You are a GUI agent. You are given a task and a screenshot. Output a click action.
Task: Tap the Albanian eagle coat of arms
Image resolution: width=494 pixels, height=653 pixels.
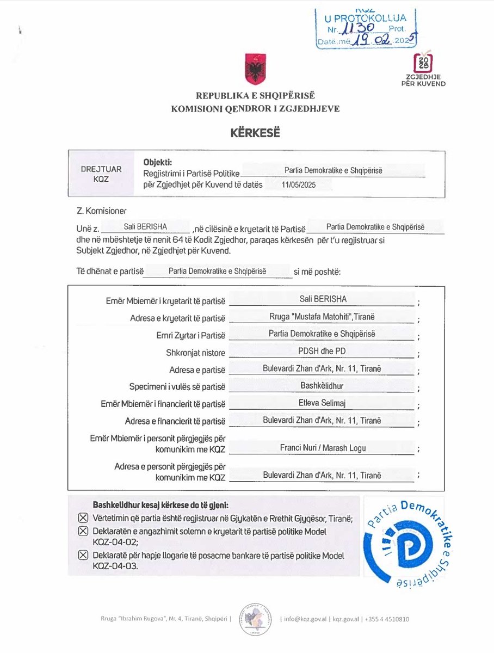coord(255,69)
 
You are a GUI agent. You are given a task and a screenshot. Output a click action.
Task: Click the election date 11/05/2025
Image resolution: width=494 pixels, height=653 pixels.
coord(299,185)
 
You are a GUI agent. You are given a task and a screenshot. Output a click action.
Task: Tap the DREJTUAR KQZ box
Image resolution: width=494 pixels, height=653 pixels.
coord(101,174)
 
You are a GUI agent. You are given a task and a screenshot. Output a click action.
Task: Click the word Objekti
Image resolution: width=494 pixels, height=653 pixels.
coord(157,162)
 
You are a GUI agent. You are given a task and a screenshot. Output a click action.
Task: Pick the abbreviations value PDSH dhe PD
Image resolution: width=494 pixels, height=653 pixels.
coord(322,352)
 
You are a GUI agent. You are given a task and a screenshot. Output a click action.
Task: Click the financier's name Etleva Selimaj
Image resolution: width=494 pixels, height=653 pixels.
coord(322,404)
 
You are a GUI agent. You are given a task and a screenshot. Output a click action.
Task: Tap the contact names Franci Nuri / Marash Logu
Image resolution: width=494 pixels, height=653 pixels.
coord(322,448)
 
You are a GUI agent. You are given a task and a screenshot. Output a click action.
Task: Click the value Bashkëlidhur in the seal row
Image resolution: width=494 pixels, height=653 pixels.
coord(322,386)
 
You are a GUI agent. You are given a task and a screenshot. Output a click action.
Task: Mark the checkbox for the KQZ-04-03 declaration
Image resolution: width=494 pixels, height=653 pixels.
coord(83,556)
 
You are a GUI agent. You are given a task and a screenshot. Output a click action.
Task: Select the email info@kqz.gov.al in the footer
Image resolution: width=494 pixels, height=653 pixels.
coord(305,619)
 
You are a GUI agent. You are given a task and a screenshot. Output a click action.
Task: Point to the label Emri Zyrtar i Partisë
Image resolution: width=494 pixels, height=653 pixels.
coord(190,335)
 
